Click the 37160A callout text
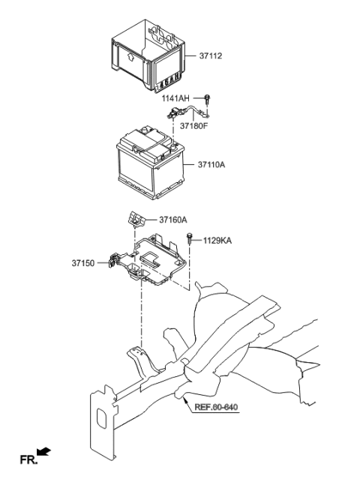pos(172,220)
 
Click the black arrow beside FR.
pos(44,451)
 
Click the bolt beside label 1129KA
pos(188,241)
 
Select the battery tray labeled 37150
pos(154,266)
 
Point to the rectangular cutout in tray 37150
pos(151,260)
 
